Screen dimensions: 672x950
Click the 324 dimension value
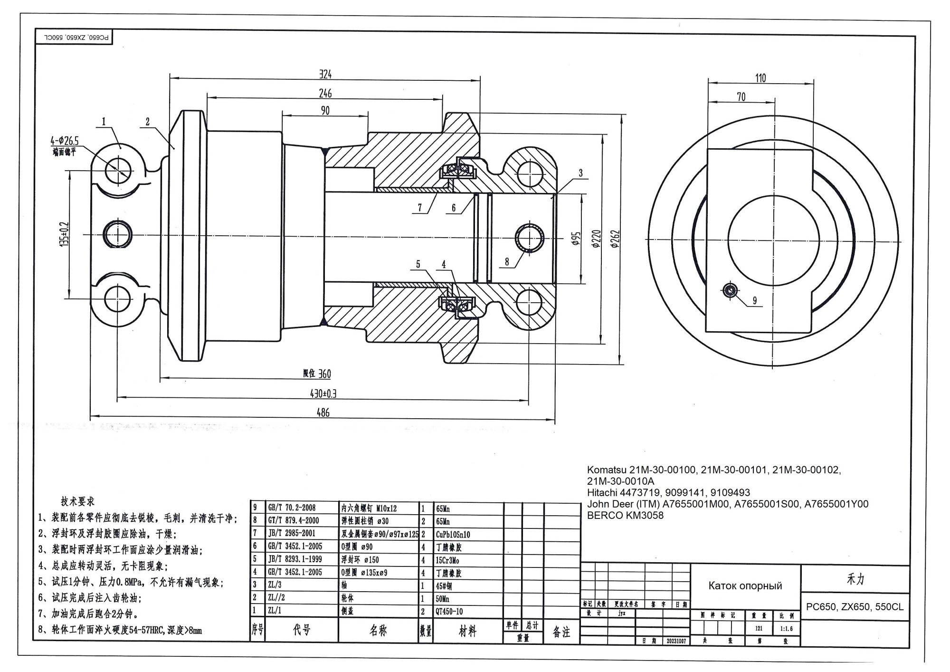(325, 74)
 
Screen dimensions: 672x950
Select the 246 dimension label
(325, 93)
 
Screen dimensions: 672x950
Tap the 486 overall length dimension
(323, 413)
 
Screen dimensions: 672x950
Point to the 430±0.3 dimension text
(323, 394)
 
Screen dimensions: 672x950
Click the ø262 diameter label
(615, 239)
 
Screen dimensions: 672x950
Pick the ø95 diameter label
(576, 239)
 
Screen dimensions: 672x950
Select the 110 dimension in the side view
(760, 78)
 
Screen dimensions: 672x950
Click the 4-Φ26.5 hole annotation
(65, 141)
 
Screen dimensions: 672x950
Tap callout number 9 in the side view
(755, 300)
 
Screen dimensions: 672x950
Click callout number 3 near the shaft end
(580, 173)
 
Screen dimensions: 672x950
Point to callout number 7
(420, 208)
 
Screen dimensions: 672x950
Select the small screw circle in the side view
(730, 289)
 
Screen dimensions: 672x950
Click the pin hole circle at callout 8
(530, 237)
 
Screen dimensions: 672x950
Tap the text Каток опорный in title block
(745, 586)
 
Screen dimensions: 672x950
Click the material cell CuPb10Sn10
(453, 534)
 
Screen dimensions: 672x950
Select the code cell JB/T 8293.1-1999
(295, 559)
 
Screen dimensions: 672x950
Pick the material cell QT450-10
(449, 612)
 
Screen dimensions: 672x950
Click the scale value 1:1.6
(786, 629)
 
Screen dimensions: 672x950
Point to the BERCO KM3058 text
(625, 516)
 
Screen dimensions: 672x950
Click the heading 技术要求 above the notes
(77, 501)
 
